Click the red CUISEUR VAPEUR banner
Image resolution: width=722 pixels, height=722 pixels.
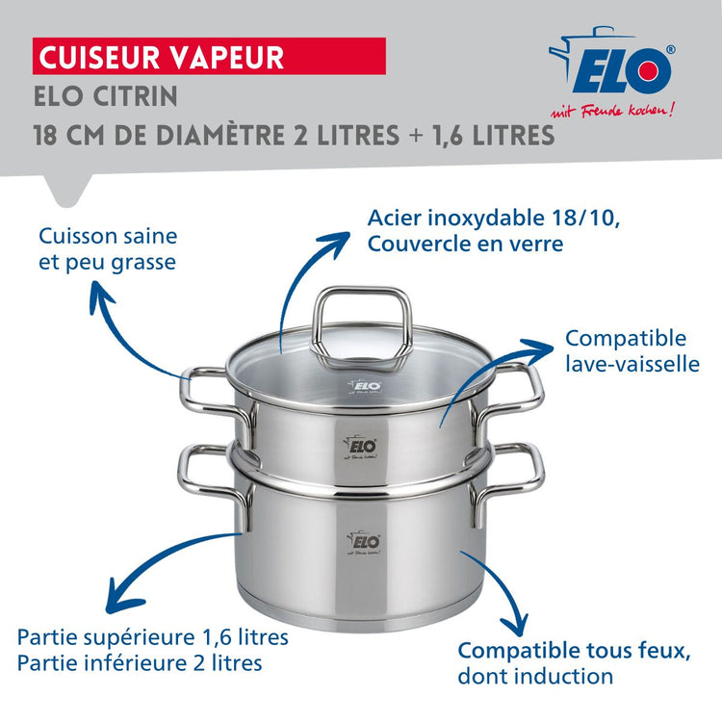pyautogui.click(x=210, y=56)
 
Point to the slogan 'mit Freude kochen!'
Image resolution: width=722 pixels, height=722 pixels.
pyautogui.click(x=619, y=109)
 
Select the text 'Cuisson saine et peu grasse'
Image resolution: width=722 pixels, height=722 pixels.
pyautogui.click(x=108, y=248)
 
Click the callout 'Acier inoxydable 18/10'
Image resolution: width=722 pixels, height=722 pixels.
pyautogui.click(x=494, y=218)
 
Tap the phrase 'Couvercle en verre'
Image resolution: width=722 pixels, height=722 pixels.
pyautogui.click(x=465, y=245)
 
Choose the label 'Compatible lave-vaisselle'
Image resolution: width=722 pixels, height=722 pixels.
pyautogui.click(x=632, y=351)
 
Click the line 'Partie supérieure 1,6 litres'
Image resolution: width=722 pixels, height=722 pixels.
pyautogui.click(x=153, y=637)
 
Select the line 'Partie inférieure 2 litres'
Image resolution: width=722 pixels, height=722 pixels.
pyautogui.click(x=140, y=663)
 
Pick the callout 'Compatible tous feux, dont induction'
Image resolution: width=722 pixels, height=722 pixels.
pyautogui.click(x=574, y=663)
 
